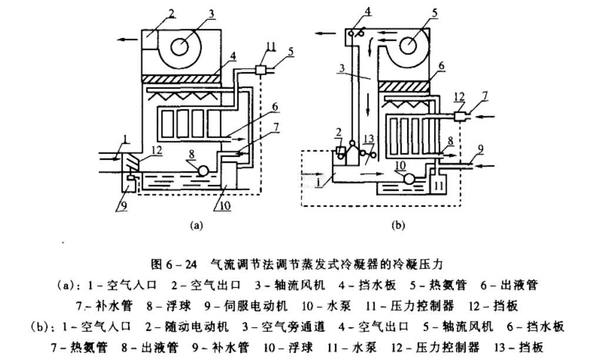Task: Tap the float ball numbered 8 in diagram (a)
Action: coord(202,170)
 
